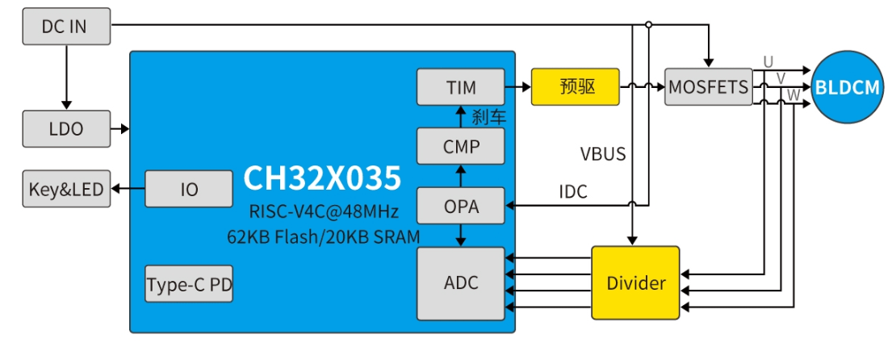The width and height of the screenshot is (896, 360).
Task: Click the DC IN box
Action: [x=65, y=27]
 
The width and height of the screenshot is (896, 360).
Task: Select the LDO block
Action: [x=65, y=128]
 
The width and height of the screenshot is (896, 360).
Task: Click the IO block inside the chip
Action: [x=189, y=190]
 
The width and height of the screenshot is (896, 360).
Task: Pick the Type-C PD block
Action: [x=190, y=284]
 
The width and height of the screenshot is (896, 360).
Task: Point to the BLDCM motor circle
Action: [x=847, y=88]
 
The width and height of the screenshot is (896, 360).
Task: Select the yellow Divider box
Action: [x=636, y=283]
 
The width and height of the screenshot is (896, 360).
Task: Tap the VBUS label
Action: [x=603, y=153]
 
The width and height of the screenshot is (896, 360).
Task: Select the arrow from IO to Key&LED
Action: [x=128, y=190]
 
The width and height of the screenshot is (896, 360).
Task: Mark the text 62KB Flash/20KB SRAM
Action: [x=322, y=237]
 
